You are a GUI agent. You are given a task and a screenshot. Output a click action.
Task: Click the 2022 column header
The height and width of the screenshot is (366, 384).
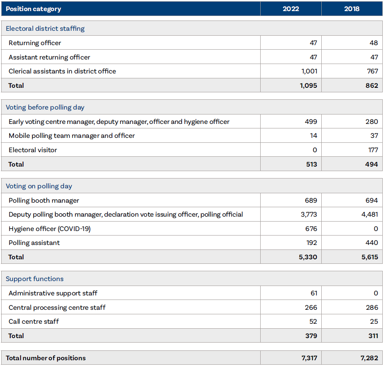[x=291, y=9]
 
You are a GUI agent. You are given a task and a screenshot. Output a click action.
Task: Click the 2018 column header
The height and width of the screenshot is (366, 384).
[x=352, y=9]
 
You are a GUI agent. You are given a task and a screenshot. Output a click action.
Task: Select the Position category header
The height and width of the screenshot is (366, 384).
[x=34, y=9]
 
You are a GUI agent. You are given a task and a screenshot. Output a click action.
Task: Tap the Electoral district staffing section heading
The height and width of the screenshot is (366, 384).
[x=45, y=28]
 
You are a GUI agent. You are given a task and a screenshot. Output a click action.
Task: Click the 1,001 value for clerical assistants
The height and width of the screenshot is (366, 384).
[x=309, y=71]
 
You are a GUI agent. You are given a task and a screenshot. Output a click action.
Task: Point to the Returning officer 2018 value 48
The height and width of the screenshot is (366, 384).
[x=373, y=43]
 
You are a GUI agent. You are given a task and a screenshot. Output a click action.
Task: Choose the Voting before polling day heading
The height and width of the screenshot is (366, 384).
[x=45, y=107]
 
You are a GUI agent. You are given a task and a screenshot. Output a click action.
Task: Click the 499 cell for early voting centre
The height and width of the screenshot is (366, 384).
[x=311, y=121]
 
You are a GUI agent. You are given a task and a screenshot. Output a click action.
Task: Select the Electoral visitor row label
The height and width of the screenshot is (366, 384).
[x=33, y=150]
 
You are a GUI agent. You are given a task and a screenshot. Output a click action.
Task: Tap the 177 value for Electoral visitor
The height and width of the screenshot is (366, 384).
[x=373, y=150]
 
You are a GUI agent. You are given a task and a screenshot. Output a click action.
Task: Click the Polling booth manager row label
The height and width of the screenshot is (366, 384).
[x=44, y=200]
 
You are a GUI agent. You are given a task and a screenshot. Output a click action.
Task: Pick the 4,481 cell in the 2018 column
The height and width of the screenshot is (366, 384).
[x=370, y=214]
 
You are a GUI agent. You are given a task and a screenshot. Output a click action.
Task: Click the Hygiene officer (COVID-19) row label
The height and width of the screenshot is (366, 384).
[x=50, y=229]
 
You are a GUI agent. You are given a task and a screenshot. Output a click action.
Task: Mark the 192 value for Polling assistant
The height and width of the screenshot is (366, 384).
[x=311, y=242]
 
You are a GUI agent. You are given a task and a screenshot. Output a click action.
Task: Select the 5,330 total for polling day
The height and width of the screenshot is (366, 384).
[x=308, y=257]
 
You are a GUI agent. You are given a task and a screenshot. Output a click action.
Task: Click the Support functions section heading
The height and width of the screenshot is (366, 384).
[x=35, y=279]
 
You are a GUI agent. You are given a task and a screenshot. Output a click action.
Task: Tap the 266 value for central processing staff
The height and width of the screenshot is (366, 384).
[x=311, y=307]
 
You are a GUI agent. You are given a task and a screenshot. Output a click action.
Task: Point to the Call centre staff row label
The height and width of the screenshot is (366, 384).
[x=33, y=321]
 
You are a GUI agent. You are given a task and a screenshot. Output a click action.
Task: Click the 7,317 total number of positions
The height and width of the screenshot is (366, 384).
[x=309, y=358]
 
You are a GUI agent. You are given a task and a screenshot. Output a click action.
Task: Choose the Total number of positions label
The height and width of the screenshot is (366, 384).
[x=46, y=358]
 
